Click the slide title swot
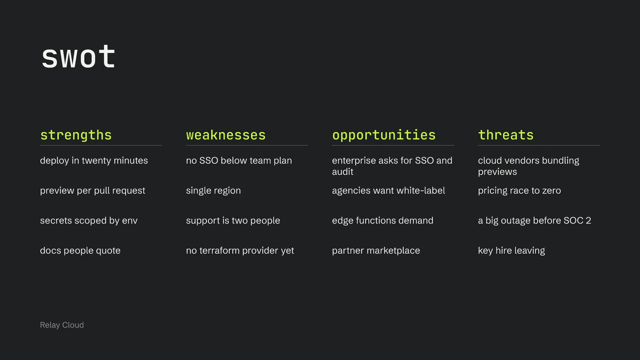(78, 57)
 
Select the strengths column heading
(76, 135)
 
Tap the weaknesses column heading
(226, 135)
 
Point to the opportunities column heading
(384, 135)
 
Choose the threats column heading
(506, 135)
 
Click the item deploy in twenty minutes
(94, 160)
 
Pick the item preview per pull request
(92, 190)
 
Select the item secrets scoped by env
(89, 220)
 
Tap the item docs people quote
(80, 250)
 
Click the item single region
(214, 190)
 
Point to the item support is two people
(233, 220)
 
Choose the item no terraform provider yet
(240, 250)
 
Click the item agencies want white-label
(388, 190)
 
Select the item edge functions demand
(383, 220)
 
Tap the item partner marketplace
(376, 250)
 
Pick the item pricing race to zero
(520, 190)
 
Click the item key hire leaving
(512, 250)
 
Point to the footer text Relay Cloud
(62, 325)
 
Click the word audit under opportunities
(342, 172)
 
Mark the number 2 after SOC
(588, 220)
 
